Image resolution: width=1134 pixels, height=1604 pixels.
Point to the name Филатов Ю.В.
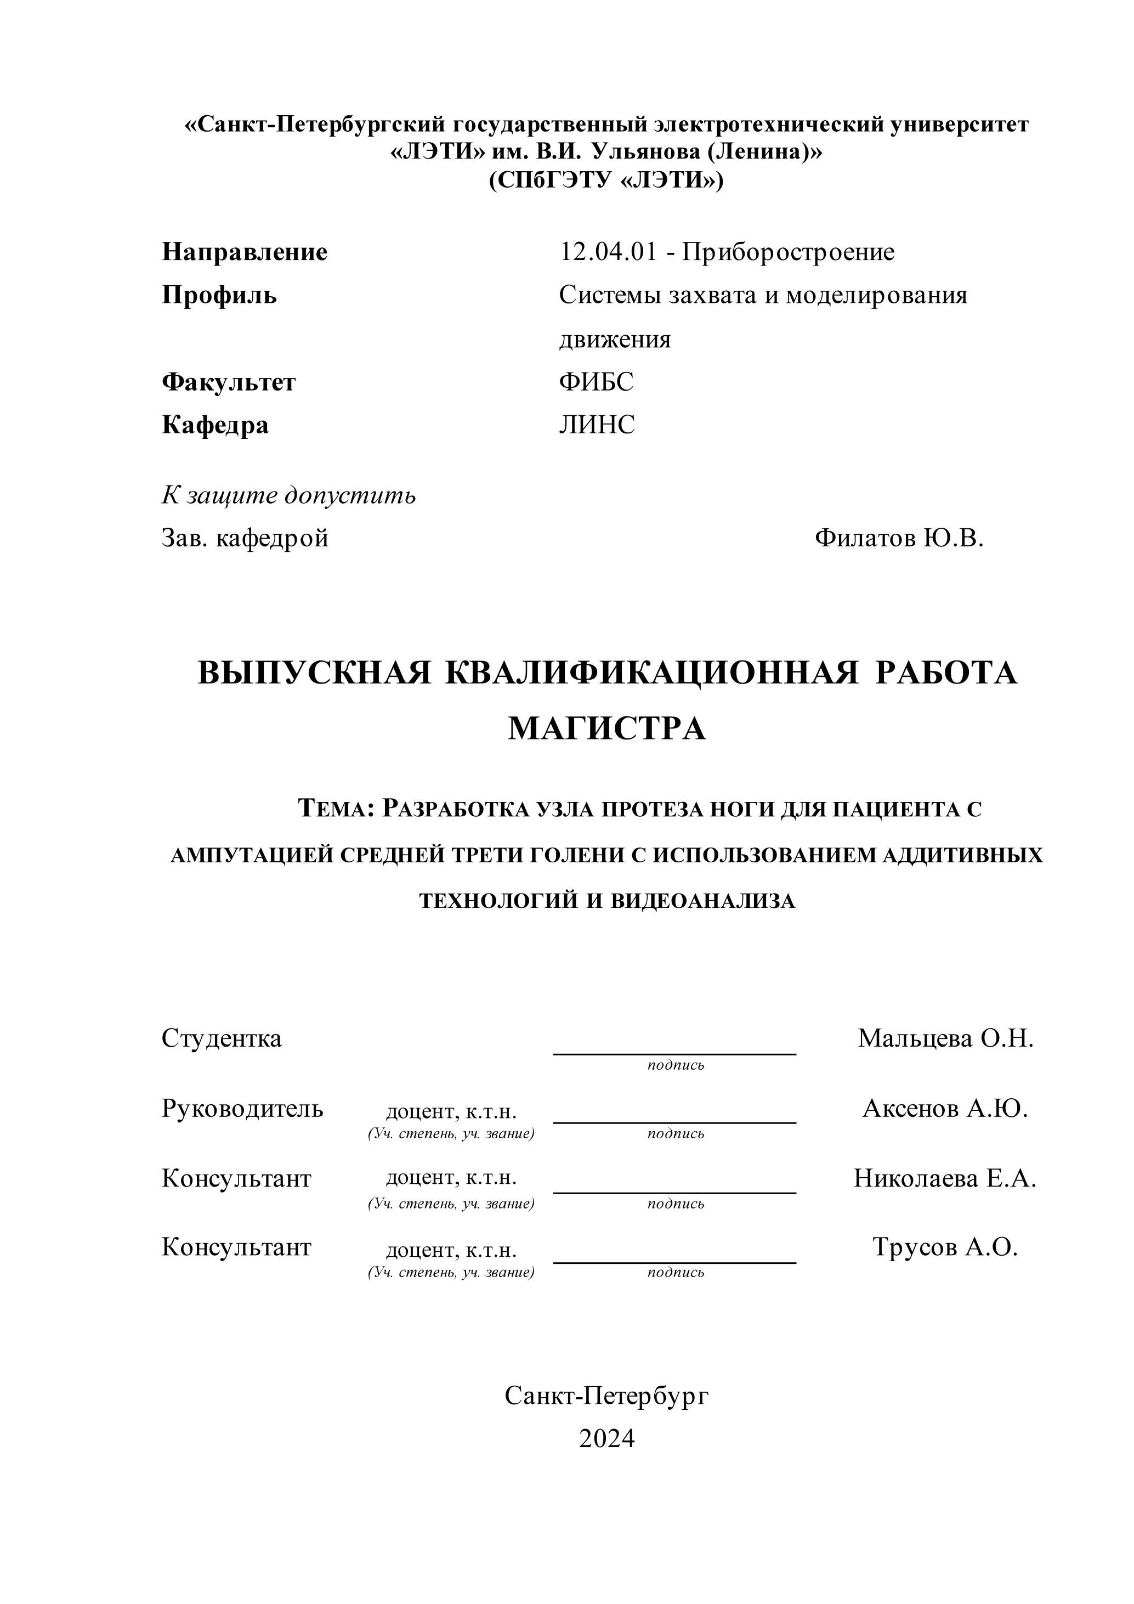tap(899, 538)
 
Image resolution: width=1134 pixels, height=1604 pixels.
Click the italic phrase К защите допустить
tap(288, 495)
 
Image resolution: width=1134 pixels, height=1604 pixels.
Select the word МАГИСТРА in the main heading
tap(606, 728)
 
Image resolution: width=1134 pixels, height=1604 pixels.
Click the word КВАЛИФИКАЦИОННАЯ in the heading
tap(651, 673)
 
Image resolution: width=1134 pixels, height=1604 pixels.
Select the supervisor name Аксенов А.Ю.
tap(945, 1109)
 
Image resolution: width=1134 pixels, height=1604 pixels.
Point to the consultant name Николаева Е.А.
tap(945, 1178)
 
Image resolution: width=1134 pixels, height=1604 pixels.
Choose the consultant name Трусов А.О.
tap(945, 1247)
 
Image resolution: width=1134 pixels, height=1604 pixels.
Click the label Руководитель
tap(242, 1109)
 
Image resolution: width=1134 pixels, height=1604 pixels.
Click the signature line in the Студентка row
tap(674, 1053)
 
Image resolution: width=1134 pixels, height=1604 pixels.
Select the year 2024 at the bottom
tap(606, 1439)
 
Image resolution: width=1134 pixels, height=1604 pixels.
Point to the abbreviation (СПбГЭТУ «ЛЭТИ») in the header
tap(606, 181)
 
